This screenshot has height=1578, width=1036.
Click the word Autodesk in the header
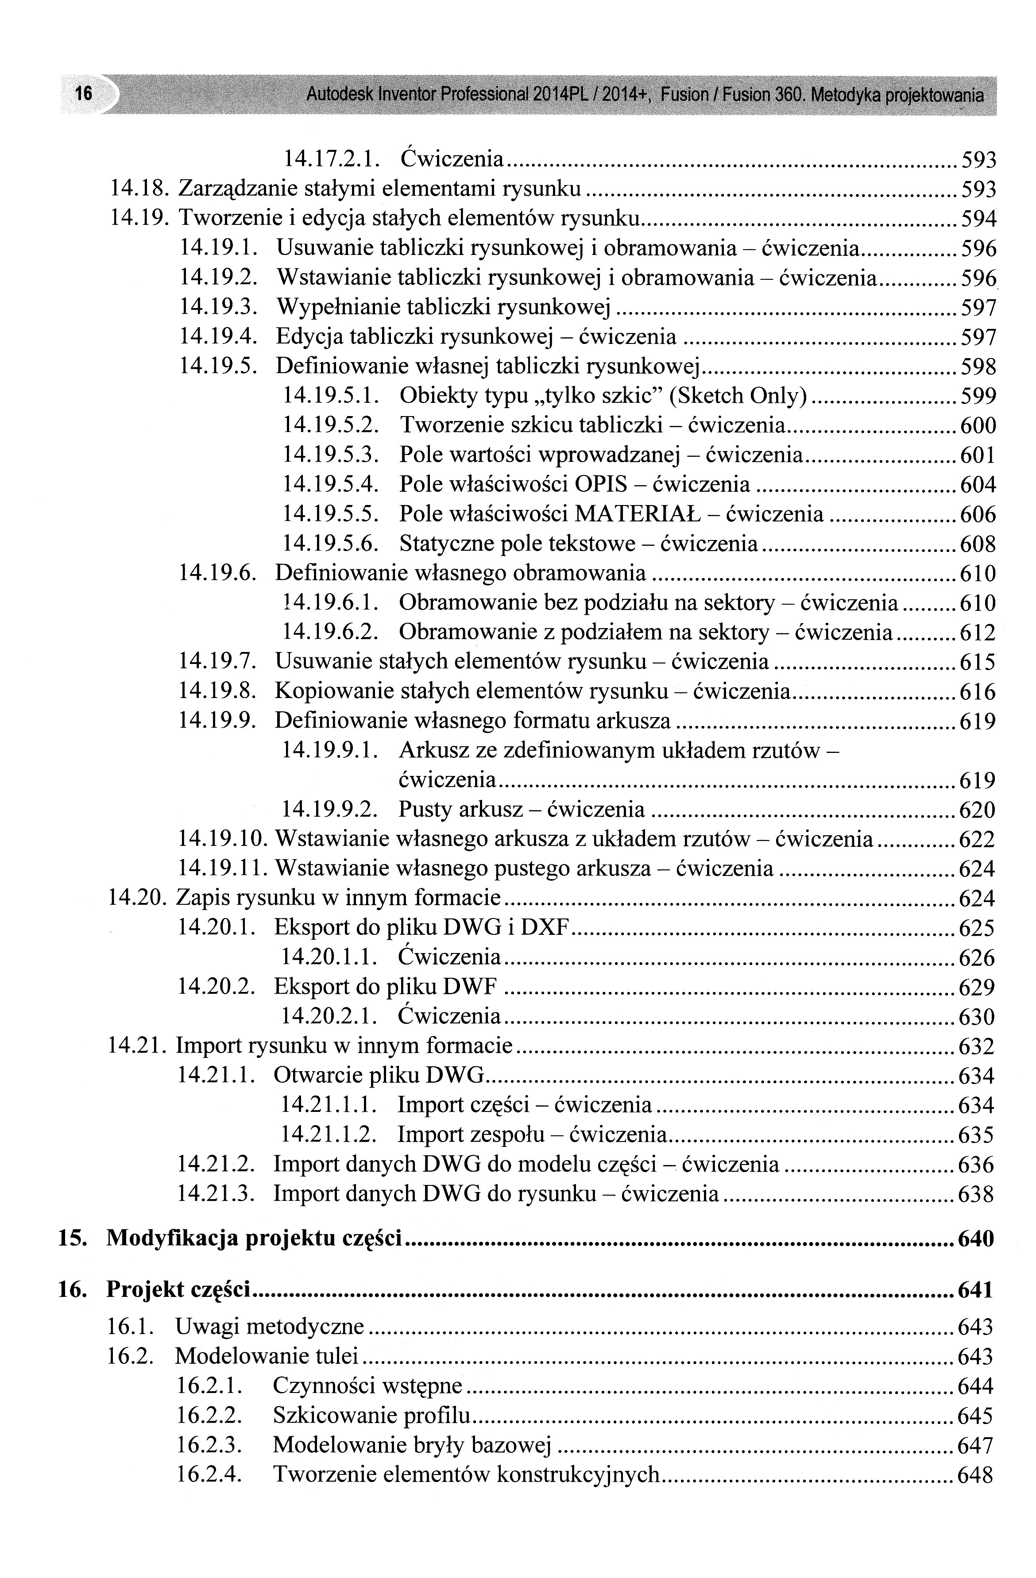pos(339,96)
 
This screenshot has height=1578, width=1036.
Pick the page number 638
pos(976,1194)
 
